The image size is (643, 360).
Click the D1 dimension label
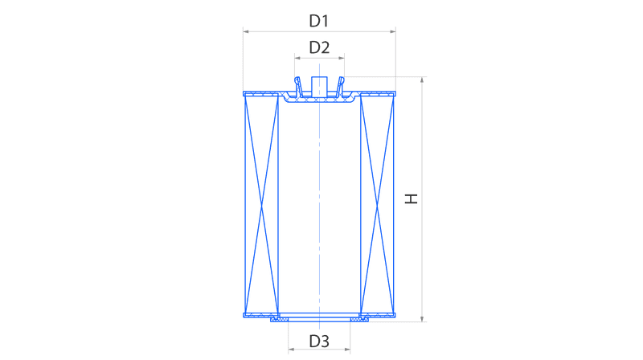pyautogui.click(x=318, y=21)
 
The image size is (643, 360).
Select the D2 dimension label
pyautogui.click(x=319, y=47)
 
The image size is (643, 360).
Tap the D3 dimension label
pyautogui.click(x=319, y=341)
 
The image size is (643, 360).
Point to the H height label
pyautogui.click(x=411, y=198)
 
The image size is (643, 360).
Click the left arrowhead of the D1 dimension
pyautogui.click(x=246, y=31)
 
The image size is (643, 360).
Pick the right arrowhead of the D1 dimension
pyautogui.click(x=393, y=31)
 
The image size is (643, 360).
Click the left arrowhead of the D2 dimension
pyautogui.click(x=297, y=58)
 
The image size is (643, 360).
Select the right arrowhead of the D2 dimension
pyautogui.click(x=341, y=58)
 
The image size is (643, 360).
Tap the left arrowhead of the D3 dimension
pyautogui.click(x=291, y=350)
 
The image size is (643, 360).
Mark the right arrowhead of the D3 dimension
pyautogui.click(x=347, y=350)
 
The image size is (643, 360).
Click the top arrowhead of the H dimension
pyautogui.click(x=422, y=80)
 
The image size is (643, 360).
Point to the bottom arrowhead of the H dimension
pyautogui.click(x=422, y=318)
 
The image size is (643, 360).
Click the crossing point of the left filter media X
pyautogui.click(x=262, y=207)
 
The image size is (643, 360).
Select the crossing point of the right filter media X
pyautogui.click(x=377, y=207)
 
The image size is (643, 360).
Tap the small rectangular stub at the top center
pyautogui.click(x=319, y=87)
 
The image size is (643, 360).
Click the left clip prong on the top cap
pyautogui.click(x=298, y=87)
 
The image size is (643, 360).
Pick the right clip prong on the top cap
pyautogui.click(x=340, y=87)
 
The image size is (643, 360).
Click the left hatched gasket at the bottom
pyautogui.click(x=279, y=319)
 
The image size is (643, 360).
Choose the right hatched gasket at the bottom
pyautogui.click(x=359, y=319)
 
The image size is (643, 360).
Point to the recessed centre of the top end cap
pyautogui.click(x=319, y=100)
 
